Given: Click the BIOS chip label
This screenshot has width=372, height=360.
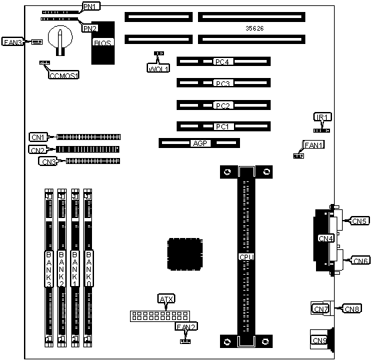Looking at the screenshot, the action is (103, 43).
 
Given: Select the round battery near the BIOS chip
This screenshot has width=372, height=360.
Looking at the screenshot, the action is (60, 37).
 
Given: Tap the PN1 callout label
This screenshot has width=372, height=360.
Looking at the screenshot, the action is (91, 7).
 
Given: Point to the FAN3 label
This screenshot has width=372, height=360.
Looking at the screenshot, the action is (13, 42).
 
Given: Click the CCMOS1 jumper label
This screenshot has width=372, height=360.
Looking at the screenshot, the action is (63, 75).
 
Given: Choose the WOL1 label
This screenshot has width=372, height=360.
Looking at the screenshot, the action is (158, 69).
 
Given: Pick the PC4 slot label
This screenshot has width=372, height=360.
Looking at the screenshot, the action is (223, 62).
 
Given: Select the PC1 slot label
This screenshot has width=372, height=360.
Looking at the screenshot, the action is (223, 127).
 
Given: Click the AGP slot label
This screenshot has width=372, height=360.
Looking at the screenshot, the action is (200, 143).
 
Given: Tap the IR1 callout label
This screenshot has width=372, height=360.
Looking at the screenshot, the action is (323, 117).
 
